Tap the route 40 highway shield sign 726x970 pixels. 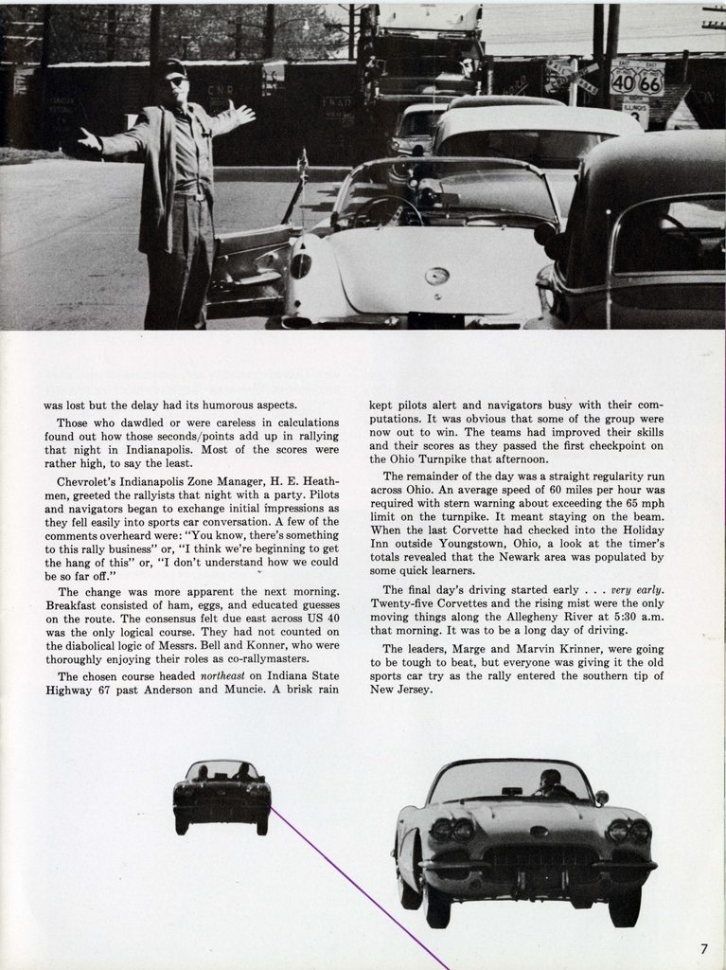623,81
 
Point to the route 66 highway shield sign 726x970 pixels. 649,81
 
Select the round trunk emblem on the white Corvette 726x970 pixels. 436,276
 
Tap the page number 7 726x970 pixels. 703,948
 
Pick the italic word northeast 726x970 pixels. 228,676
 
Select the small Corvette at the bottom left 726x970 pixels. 221,796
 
